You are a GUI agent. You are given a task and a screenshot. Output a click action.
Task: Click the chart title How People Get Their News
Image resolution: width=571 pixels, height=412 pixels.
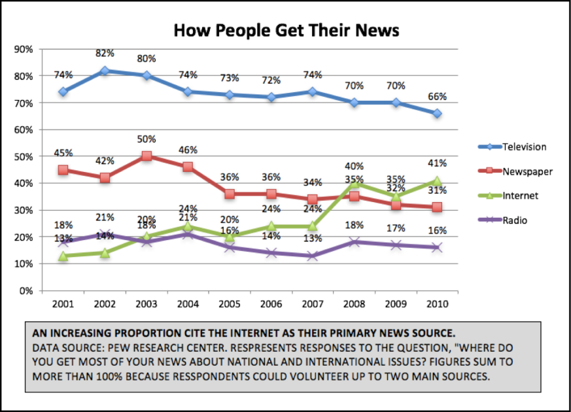[x=286, y=31]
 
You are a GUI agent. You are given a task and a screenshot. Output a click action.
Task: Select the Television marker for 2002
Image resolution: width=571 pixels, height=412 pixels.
[x=105, y=71]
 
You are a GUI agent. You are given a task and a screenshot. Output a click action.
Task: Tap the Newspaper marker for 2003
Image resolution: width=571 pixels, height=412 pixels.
[x=147, y=156]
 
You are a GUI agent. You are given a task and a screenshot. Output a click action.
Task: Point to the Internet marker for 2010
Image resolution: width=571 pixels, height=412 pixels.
[x=437, y=181]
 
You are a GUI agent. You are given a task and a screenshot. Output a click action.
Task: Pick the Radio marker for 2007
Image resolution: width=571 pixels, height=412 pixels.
[x=313, y=256]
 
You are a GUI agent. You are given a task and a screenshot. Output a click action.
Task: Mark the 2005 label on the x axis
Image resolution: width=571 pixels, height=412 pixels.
[x=229, y=304]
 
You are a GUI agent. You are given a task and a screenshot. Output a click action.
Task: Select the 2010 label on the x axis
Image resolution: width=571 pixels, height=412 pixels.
[x=436, y=304]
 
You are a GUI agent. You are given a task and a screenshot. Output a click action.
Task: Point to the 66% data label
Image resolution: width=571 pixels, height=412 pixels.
[x=437, y=97]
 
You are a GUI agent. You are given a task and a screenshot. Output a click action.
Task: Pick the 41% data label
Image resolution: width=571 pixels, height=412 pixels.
[x=437, y=163]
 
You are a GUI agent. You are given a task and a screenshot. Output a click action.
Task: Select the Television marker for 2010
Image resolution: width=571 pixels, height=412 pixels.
[x=437, y=114]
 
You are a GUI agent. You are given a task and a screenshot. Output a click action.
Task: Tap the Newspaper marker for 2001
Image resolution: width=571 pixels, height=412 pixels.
[x=63, y=170]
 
